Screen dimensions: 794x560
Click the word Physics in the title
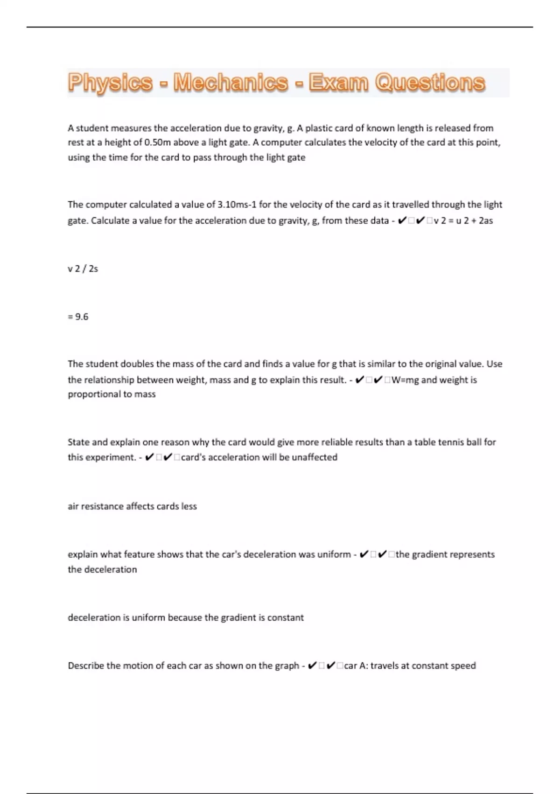coord(110,83)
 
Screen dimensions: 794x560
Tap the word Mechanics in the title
coord(231,83)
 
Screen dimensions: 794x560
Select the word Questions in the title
coord(430,83)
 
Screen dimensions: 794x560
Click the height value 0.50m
coord(158,142)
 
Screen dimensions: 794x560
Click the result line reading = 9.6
coord(78,317)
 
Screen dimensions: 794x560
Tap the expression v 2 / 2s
coord(83,269)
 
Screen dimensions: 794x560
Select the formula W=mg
coord(405,380)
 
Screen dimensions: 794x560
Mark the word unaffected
coord(314,457)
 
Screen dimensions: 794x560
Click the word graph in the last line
coord(286,666)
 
